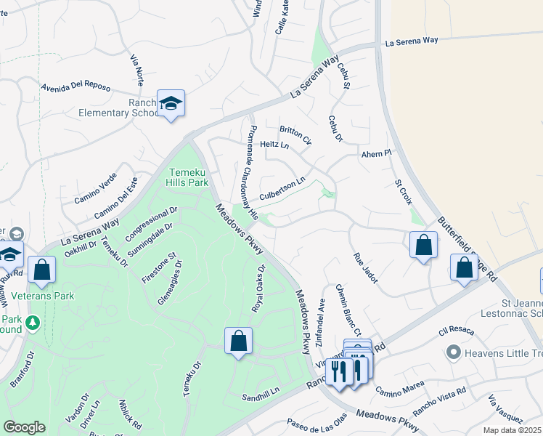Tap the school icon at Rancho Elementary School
tap(171, 105)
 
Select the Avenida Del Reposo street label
tap(76, 88)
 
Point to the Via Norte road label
tap(136, 69)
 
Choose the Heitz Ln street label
tap(274, 145)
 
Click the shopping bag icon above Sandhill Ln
tap(238, 342)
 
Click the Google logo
tap(24, 427)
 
